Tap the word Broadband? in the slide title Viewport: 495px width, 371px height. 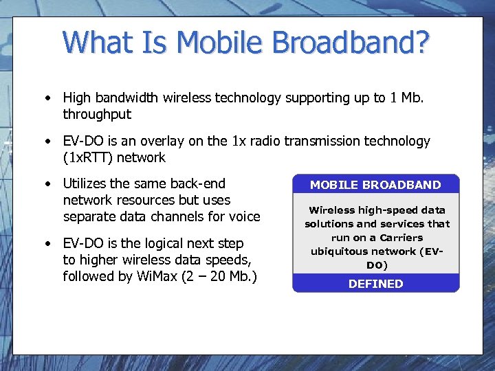(351, 43)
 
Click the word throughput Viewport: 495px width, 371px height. (96, 115)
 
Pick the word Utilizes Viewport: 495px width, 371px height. (85, 183)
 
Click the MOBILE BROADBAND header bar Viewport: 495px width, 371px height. (375, 185)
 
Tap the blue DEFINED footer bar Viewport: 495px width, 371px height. (375, 284)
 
